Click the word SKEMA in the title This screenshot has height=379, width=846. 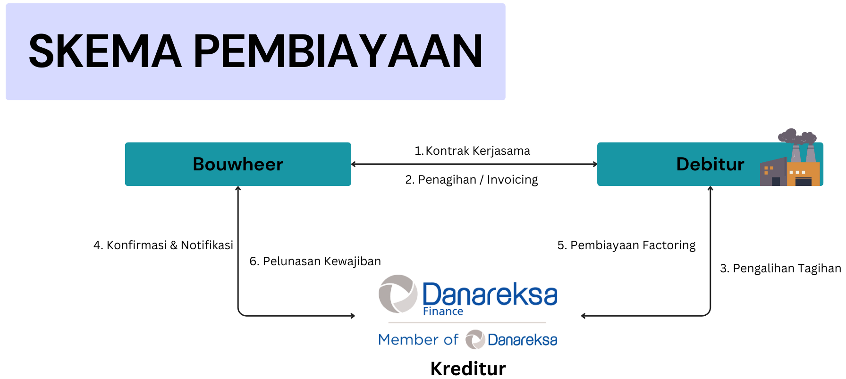(105, 51)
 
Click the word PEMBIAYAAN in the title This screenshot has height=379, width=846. (338, 51)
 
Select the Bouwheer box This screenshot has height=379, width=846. (238, 164)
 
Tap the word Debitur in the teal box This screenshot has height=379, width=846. (710, 164)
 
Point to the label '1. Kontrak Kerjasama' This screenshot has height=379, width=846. (472, 151)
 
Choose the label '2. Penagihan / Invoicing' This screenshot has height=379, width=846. (472, 180)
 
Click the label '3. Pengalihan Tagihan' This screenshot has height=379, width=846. (780, 269)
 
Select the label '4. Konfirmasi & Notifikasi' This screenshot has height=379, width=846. (163, 245)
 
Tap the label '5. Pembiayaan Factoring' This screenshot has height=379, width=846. (626, 245)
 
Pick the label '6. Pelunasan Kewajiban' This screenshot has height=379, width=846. (315, 261)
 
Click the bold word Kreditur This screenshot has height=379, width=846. (468, 369)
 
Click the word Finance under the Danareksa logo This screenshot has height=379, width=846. (443, 312)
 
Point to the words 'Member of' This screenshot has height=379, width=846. (418, 339)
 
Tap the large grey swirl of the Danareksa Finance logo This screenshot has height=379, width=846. (398, 294)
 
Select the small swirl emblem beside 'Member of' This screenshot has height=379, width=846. (475, 339)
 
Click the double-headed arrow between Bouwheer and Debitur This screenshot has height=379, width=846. (474, 164)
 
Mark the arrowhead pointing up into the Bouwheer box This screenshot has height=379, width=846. (238, 188)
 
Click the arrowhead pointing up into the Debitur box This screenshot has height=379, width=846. (710, 188)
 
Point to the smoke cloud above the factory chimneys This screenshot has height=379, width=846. (797, 136)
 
